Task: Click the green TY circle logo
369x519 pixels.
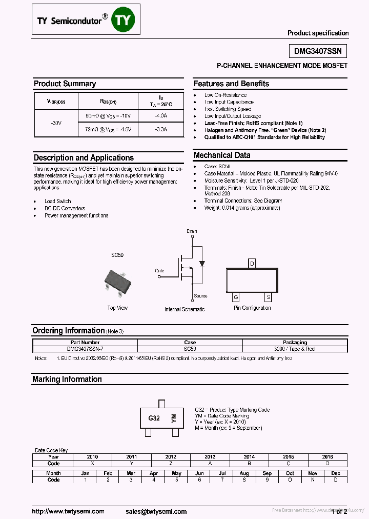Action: (x=123, y=19)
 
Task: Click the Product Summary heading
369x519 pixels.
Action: (x=65, y=84)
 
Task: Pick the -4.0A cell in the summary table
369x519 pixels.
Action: (x=160, y=116)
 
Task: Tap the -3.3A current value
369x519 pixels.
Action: (x=160, y=130)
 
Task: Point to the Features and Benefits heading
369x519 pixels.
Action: (x=231, y=84)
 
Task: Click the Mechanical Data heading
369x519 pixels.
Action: (x=222, y=155)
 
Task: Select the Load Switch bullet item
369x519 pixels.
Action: (x=57, y=202)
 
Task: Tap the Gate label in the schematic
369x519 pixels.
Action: (x=159, y=270)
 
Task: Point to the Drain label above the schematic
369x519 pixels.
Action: (x=192, y=231)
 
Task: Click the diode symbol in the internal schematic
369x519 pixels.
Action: (x=202, y=264)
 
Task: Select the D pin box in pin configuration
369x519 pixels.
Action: (x=252, y=264)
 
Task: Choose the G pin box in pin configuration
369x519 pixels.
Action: (x=236, y=297)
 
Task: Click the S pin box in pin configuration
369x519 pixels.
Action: (x=268, y=297)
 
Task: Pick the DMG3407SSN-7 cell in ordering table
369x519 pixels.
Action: (x=85, y=349)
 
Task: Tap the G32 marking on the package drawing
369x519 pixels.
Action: (x=154, y=418)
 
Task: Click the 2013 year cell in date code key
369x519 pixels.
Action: (x=210, y=456)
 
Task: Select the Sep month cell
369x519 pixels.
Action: (x=267, y=473)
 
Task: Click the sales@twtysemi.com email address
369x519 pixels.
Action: (x=156, y=511)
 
